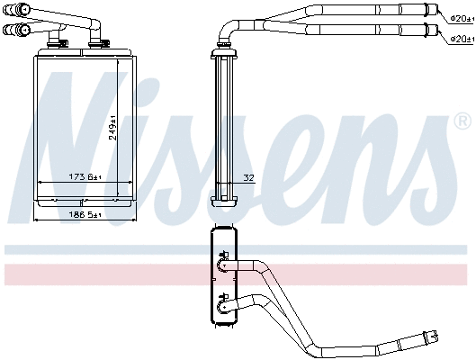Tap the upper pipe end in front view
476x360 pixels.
coord(11,10)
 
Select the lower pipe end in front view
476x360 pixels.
coord(11,32)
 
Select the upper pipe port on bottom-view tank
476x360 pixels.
coord(223,265)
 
